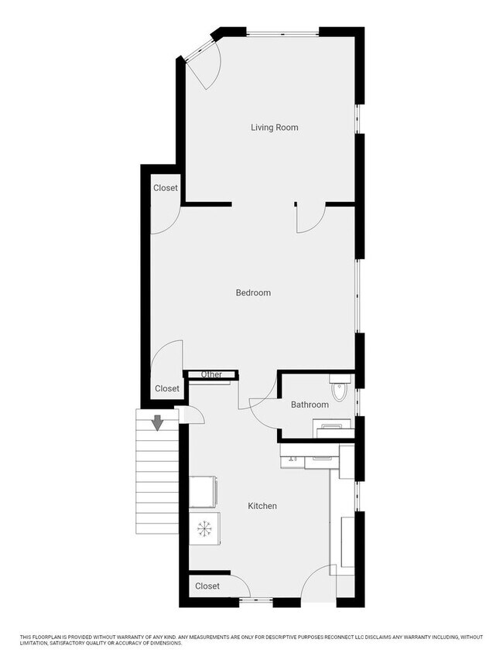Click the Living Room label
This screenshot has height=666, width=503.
[274, 127]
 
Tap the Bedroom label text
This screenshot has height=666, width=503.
[253, 292]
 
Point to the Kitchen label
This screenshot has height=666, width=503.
[262, 506]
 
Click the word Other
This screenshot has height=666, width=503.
[211, 375]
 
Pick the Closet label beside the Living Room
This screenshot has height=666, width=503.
[166, 188]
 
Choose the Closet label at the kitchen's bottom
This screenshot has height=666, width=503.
[207, 586]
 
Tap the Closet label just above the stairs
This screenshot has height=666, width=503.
[167, 388]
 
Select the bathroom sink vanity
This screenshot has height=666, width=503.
[333, 428]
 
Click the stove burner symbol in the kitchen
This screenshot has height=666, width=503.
[205, 528]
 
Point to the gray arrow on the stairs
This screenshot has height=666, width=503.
[157, 422]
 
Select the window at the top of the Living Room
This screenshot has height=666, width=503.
[283, 32]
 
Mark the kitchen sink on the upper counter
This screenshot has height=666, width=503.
[293, 456]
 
